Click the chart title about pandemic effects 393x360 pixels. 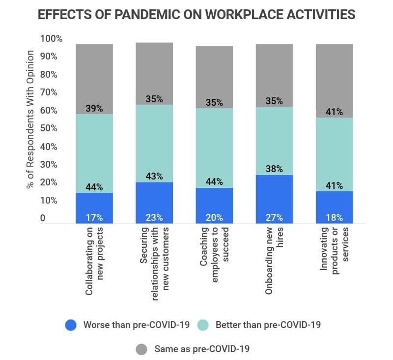click(x=196, y=14)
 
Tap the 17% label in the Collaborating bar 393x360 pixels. click(x=94, y=217)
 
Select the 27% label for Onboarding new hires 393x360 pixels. click(x=274, y=217)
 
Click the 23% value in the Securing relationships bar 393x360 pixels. click(x=154, y=217)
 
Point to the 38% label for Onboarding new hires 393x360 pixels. click(x=274, y=169)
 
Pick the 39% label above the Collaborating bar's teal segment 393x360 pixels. click(x=94, y=108)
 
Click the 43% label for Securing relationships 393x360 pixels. click(x=154, y=176)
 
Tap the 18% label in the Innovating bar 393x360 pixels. click(x=334, y=217)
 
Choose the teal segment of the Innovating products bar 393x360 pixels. click(x=334, y=152)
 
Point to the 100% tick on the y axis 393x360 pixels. click(x=51, y=38)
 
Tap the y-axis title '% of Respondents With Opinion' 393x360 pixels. click(x=30, y=119)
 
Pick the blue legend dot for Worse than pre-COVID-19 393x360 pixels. click(x=71, y=325)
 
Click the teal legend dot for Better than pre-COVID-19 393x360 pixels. click(x=203, y=325)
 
